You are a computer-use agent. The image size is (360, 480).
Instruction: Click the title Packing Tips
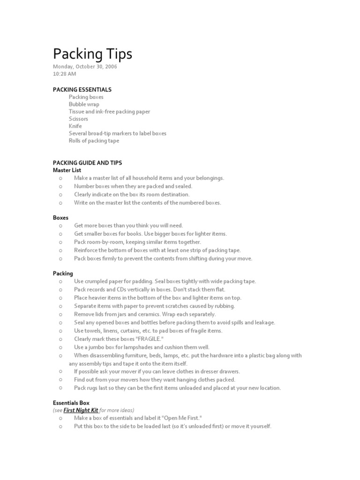click(92, 54)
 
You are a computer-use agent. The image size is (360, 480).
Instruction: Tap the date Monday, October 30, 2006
click(85, 67)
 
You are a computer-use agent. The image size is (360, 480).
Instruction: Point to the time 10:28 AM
click(64, 74)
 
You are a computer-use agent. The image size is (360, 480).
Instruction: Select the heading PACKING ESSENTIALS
click(82, 90)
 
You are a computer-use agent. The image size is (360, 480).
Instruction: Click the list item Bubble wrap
click(84, 104)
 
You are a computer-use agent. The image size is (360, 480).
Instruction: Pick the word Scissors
click(78, 119)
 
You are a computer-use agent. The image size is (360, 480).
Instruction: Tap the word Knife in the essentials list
click(75, 126)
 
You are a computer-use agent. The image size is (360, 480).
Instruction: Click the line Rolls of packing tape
click(94, 141)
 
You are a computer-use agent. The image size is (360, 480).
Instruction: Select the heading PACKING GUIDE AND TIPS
click(87, 163)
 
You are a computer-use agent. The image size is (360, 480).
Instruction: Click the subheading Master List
click(67, 170)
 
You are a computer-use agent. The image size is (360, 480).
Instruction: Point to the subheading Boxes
click(60, 218)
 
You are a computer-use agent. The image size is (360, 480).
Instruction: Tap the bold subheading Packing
click(63, 273)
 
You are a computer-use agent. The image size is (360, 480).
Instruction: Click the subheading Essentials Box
click(71, 403)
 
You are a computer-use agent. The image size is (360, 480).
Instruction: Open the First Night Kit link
click(81, 410)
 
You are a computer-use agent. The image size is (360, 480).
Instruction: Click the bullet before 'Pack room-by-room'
click(61, 242)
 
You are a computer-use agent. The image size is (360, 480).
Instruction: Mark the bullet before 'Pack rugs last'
click(61, 388)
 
